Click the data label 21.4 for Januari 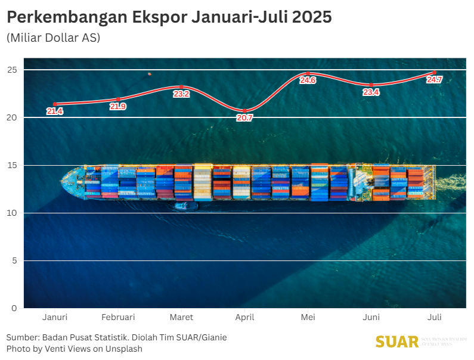(x=55, y=111)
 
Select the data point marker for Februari (x=118, y=99)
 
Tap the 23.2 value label (x=181, y=94)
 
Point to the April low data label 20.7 (x=244, y=117)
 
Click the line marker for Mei (x=308, y=73)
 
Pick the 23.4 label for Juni (x=371, y=92)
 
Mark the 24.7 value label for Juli (x=434, y=80)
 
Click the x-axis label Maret (x=181, y=317)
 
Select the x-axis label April (x=244, y=317)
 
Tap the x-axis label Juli (x=434, y=317)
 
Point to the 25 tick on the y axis (x=12, y=70)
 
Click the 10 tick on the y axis (x=12, y=213)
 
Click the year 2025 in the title (x=312, y=17)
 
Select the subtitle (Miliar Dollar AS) (x=53, y=37)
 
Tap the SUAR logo (x=397, y=342)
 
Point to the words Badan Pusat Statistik (x=83, y=337)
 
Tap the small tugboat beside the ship (x=185, y=206)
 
